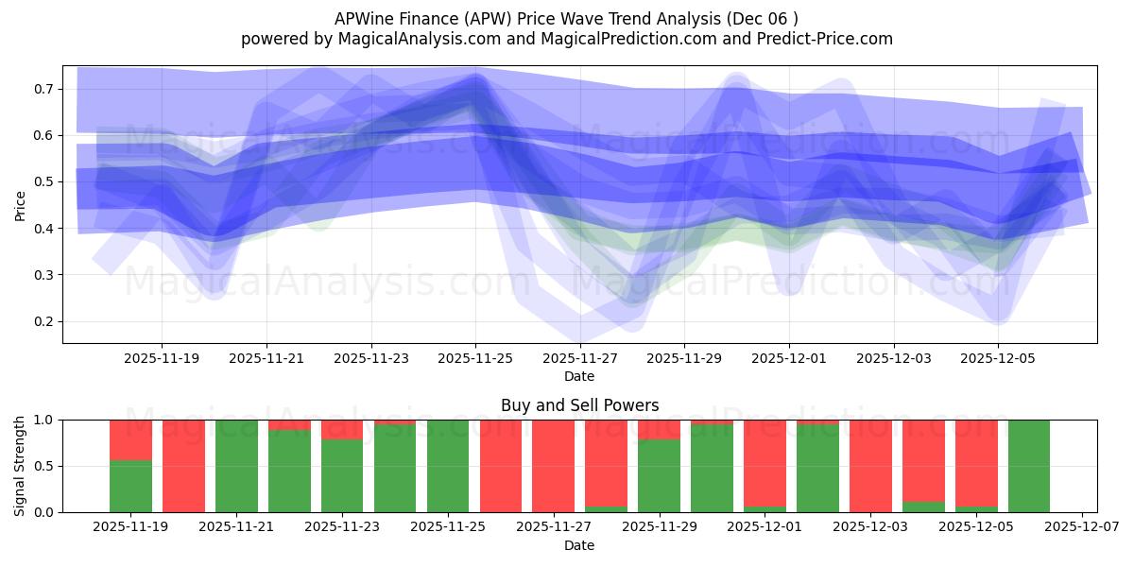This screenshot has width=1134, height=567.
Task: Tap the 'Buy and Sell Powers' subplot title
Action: tap(579, 405)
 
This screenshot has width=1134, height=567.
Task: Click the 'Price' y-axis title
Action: tap(21, 204)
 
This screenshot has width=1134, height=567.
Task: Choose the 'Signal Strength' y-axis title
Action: tap(21, 466)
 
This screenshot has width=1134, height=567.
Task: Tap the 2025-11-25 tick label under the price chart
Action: tap(475, 358)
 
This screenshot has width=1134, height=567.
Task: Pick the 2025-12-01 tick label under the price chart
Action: tap(789, 358)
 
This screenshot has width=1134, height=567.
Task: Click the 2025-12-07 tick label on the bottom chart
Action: tap(1079, 527)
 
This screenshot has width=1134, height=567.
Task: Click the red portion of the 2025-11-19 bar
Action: tap(130, 439)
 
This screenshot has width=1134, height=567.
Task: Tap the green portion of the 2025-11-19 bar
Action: tap(130, 487)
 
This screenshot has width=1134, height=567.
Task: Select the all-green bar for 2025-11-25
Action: tap(448, 466)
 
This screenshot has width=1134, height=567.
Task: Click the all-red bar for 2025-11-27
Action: tap(553, 466)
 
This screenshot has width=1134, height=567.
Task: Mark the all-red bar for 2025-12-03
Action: tap(870, 466)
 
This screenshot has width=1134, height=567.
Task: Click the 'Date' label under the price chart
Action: tap(579, 376)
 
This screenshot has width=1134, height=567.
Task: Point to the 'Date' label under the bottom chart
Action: tap(579, 545)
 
